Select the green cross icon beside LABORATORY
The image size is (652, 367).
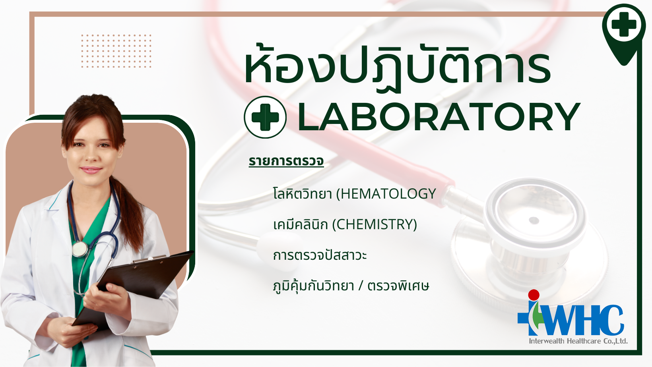[x=265, y=117]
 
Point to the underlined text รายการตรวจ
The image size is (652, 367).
[x=286, y=161]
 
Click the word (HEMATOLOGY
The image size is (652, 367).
[x=386, y=194]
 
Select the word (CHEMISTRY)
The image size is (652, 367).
[x=375, y=225]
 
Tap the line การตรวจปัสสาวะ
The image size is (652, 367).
[x=320, y=255]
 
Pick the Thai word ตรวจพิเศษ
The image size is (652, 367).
[x=398, y=286]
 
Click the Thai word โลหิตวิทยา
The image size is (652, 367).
[x=303, y=194]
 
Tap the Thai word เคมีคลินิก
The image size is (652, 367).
[x=301, y=225]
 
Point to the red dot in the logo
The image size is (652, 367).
[x=534, y=295]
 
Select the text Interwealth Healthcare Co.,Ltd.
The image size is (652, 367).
[x=578, y=341]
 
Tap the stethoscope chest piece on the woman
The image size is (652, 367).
[x=80, y=249]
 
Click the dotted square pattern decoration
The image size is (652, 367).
[x=116, y=51]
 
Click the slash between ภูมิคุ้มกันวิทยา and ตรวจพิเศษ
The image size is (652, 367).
[x=361, y=286]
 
